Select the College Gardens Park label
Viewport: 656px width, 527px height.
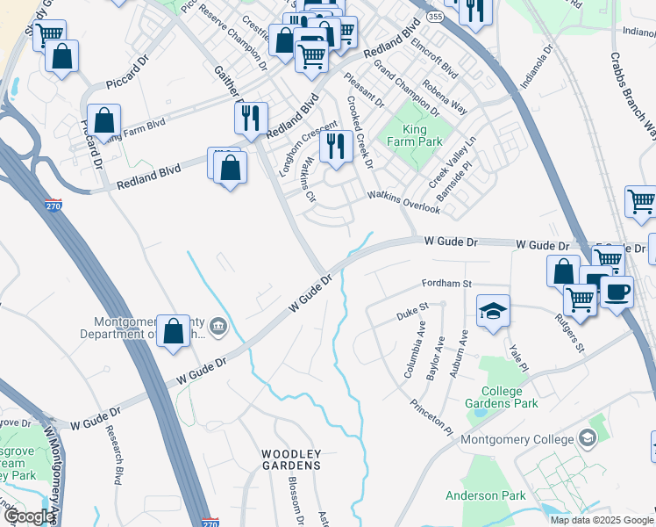[x=510, y=398]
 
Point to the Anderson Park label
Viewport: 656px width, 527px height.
[x=485, y=496]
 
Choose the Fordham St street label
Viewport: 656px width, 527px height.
[x=446, y=284]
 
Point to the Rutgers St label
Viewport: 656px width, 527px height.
[x=570, y=333]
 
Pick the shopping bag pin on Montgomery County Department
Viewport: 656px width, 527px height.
[x=174, y=331]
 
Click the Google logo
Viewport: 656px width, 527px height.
[x=29, y=516]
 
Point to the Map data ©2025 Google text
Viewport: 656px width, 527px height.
[x=602, y=520]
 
